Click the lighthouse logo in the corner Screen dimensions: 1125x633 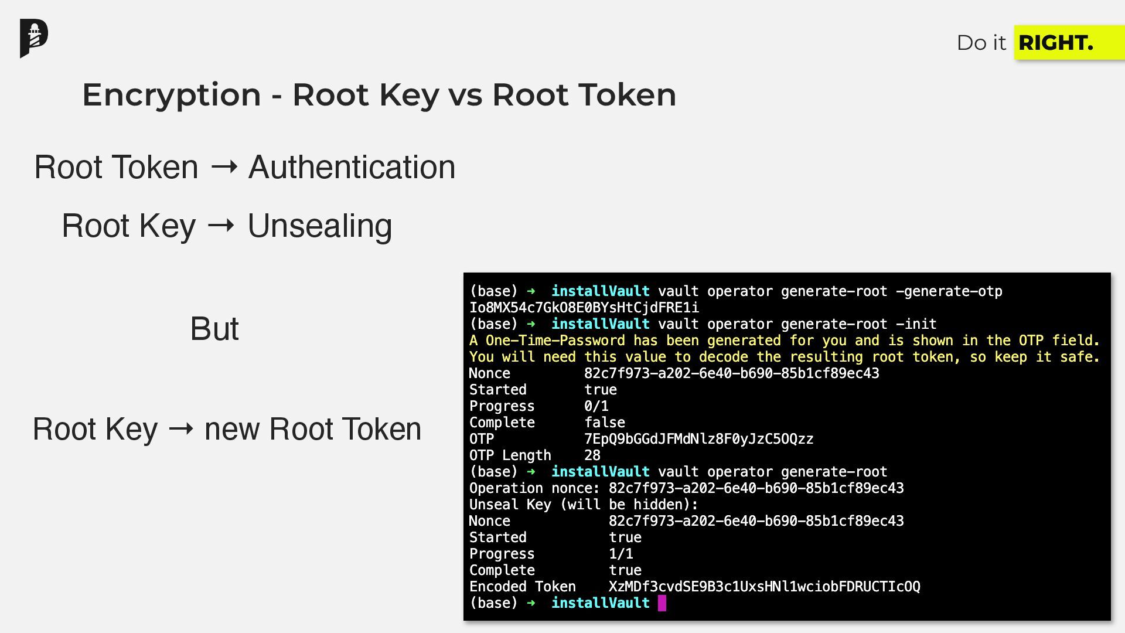click(x=34, y=38)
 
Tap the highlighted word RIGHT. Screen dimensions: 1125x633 click(x=1056, y=43)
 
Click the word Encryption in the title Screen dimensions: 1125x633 click(x=172, y=95)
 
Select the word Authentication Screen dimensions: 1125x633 click(x=352, y=167)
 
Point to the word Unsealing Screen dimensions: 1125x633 click(x=319, y=226)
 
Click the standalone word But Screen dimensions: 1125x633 click(x=214, y=329)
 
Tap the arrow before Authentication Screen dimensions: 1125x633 click(x=224, y=167)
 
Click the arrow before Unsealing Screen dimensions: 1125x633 click(x=221, y=226)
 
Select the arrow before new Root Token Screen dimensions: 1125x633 click(x=181, y=429)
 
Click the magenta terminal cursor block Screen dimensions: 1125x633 click(x=662, y=603)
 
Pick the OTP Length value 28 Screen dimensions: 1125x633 click(x=592, y=455)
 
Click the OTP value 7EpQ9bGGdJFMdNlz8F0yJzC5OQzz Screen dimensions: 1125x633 click(x=698, y=439)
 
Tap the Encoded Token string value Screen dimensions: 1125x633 click(x=764, y=587)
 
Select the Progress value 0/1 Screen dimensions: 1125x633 click(x=596, y=406)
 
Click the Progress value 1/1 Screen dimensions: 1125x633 click(x=621, y=554)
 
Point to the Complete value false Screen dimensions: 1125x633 click(x=604, y=423)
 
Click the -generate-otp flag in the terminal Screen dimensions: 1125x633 click(x=949, y=291)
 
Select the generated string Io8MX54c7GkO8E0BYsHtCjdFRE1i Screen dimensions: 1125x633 click(x=584, y=308)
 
